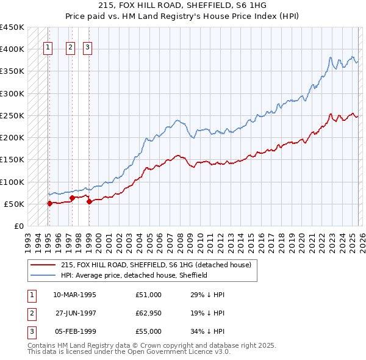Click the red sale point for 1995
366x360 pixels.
pyautogui.click(x=49, y=204)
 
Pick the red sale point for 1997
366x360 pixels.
pyautogui.click(x=73, y=198)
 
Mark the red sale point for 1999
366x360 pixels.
pyautogui.click(x=89, y=202)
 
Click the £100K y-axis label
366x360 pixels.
pyautogui.click(x=12, y=182)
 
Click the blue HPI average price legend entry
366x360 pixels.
pyautogui.click(x=134, y=275)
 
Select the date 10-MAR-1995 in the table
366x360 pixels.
pyautogui.click(x=74, y=295)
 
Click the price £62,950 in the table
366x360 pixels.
pyautogui.click(x=149, y=313)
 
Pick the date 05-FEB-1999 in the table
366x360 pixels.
pyautogui.click(x=74, y=331)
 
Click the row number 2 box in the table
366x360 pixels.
pyautogui.click(x=30, y=313)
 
